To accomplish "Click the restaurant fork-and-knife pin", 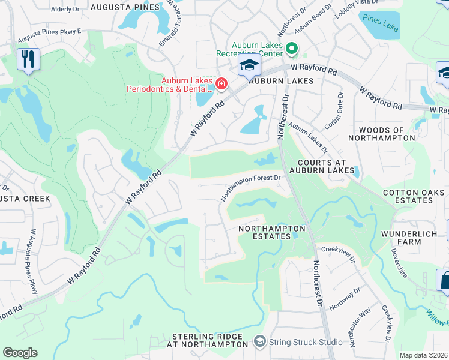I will pos(28,59).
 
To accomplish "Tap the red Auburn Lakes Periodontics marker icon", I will pos(221,83).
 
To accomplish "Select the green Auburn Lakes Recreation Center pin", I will pos(292,48).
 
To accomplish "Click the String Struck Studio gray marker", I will pos(260,342).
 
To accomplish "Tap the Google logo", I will pos(20,353).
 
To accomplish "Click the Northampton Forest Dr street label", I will pos(250,186).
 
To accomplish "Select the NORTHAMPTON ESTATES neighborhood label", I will pos(272,232).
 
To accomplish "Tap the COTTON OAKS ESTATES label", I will pos(415,196).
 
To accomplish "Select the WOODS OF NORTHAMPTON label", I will pos(387,134).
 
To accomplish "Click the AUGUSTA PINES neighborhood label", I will pos(125,7).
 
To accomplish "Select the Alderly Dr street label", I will pos(65,10).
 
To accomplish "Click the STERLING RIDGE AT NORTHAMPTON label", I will pos(209,341).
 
